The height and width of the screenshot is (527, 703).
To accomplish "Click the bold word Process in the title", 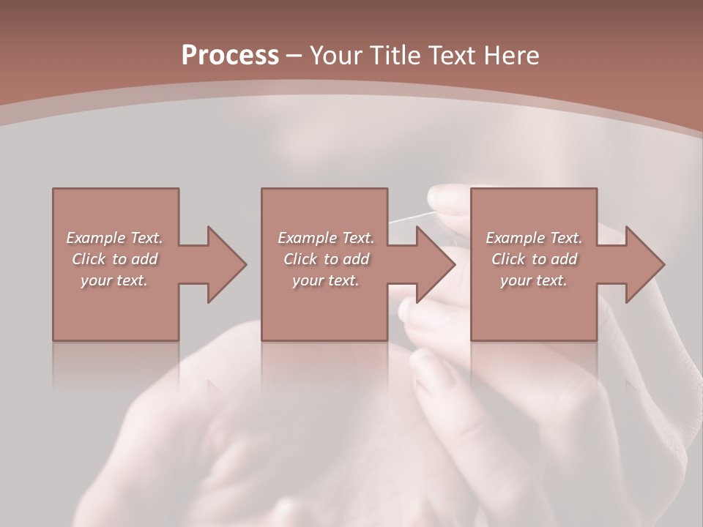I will (x=230, y=56).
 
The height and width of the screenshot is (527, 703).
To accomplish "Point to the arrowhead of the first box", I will (x=227, y=264).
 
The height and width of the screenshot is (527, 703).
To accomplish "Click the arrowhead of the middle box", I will (x=436, y=264).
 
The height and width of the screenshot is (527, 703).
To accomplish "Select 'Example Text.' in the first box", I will (x=114, y=238).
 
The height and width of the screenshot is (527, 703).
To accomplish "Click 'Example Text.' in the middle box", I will (x=326, y=238).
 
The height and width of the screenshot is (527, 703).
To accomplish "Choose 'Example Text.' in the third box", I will (x=534, y=238).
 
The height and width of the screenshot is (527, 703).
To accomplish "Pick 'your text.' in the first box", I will (x=114, y=280).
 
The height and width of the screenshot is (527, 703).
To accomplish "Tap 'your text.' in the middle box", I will (x=326, y=280).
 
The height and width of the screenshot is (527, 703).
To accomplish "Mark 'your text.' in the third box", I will (x=534, y=280).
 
